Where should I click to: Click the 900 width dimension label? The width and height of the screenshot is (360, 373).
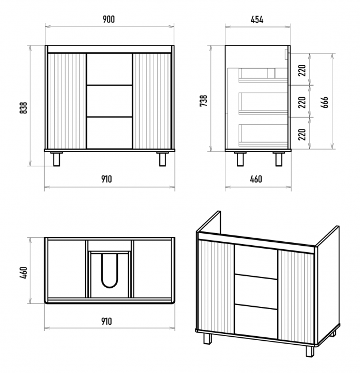109,19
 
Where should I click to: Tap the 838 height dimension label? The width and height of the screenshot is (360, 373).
24,108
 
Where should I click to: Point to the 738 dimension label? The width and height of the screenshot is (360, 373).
203,101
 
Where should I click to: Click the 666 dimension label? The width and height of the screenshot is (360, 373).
325,102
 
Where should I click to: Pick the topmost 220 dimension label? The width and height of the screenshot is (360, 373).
301,71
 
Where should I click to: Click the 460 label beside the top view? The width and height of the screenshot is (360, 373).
24,271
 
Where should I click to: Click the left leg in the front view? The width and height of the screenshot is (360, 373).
56,159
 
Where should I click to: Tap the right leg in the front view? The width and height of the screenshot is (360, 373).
163,159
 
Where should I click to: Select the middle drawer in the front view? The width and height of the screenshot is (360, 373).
109,101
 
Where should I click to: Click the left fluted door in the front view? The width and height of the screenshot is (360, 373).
67,101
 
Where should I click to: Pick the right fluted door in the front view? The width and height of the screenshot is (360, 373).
152,101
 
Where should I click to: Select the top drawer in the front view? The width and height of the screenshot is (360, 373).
109,69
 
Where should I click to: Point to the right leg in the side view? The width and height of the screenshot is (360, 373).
278,159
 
